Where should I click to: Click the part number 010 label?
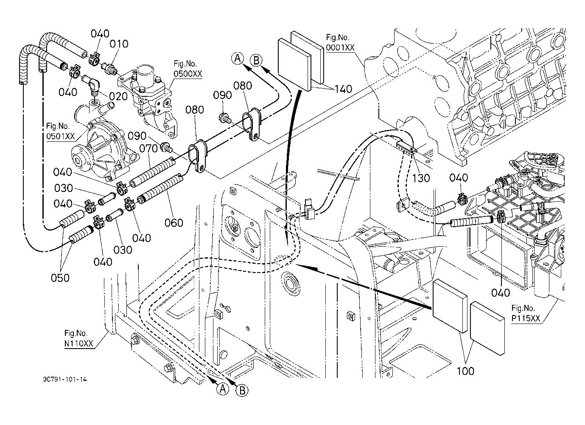coord(119,44)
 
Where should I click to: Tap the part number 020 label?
coord(118,96)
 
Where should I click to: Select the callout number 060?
coord(174,223)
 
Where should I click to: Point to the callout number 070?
coord(148,149)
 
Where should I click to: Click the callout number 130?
coord(421,178)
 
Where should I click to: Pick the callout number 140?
coord(344,89)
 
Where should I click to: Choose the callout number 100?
coord(465,371)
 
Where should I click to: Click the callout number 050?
coord(60,278)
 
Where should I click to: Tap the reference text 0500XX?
coord(188,74)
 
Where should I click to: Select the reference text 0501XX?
coord(60,136)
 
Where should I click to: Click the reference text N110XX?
coord(78,343)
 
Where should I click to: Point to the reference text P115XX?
coord(526,318)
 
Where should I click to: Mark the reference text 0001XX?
coord(340,47)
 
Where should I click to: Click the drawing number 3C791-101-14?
coord(65,379)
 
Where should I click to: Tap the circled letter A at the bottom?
coord(223,389)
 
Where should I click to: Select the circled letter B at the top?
coord(256,61)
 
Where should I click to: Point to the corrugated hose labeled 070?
coord(153,172)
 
